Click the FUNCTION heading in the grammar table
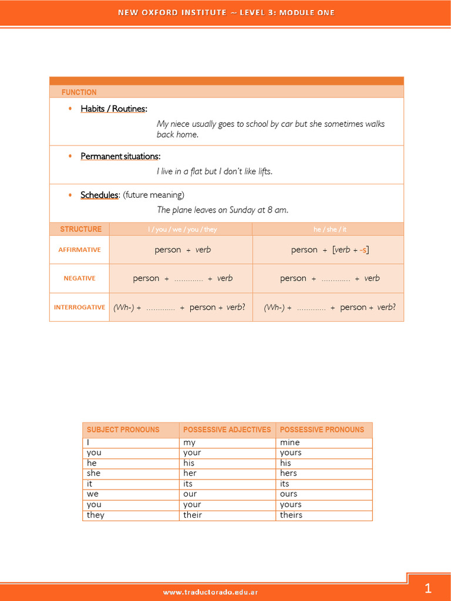[x=79, y=92]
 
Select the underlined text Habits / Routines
[x=113, y=109]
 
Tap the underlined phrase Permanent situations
[x=120, y=156]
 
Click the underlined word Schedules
[x=99, y=195]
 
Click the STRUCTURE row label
[x=80, y=229]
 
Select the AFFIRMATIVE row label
[x=79, y=249]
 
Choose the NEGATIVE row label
[x=79, y=278]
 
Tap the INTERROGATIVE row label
[x=79, y=307]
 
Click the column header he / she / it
[x=328, y=229]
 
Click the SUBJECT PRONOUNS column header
[x=123, y=430]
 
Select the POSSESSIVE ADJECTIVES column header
[x=227, y=430]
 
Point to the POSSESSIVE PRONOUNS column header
[x=322, y=430]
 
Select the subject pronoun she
[x=93, y=473]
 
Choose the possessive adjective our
[x=190, y=494]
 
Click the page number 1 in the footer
[x=428, y=588]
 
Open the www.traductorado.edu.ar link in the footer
[x=210, y=592]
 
